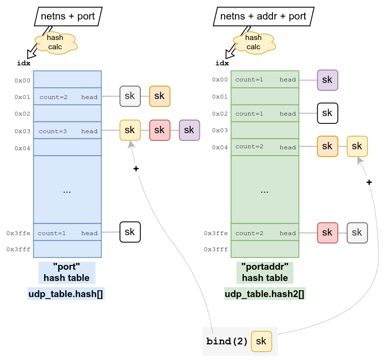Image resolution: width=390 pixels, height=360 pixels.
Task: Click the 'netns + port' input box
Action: pyautogui.click(x=68, y=16)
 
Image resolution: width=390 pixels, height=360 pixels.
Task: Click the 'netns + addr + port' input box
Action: pyautogui.click(x=263, y=16)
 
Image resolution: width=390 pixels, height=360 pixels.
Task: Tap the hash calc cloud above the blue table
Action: pyautogui.click(x=55, y=42)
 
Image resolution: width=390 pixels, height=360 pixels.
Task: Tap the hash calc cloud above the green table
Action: pyautogui.click(x=253, y=42)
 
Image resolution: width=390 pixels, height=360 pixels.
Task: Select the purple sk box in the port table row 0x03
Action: pyautogui.click(x=189, y=130)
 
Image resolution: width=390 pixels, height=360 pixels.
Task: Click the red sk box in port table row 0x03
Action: pyautogui.click(x=159, y=130)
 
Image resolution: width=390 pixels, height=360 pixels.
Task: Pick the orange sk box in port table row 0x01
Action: pyautogui.click(x=159, y=96)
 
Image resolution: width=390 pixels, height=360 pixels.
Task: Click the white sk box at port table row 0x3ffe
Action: pyautogui.click(x=130, y=232)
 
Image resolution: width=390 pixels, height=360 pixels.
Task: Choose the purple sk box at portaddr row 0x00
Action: pyautogui.click(x=327, y=80)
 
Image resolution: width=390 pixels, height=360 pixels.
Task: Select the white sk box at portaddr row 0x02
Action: pyautogui.click(x=327, y=113)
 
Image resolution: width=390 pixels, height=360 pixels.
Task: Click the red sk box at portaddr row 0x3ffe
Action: pyautogui.click(x=327, y=233)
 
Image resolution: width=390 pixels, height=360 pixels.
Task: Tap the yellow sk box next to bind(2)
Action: pyautogui.click(x=261, y=341)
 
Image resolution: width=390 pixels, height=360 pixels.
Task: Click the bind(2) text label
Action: pyautogui.click(x=227, y=341)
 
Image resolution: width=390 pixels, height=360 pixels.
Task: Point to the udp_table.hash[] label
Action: pyautogui.click(x=67, y=294)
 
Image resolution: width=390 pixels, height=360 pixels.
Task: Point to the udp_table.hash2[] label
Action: pyautogui.click(x=265, y=294)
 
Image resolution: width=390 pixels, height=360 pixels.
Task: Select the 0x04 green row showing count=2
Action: pyautogui.click(x=265, y=147)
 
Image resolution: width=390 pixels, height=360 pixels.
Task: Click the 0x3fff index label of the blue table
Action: pyautogui.click(x=19, y=249)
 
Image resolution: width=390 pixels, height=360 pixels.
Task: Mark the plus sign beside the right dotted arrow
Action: pyautogui.click(x=369, y=182)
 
